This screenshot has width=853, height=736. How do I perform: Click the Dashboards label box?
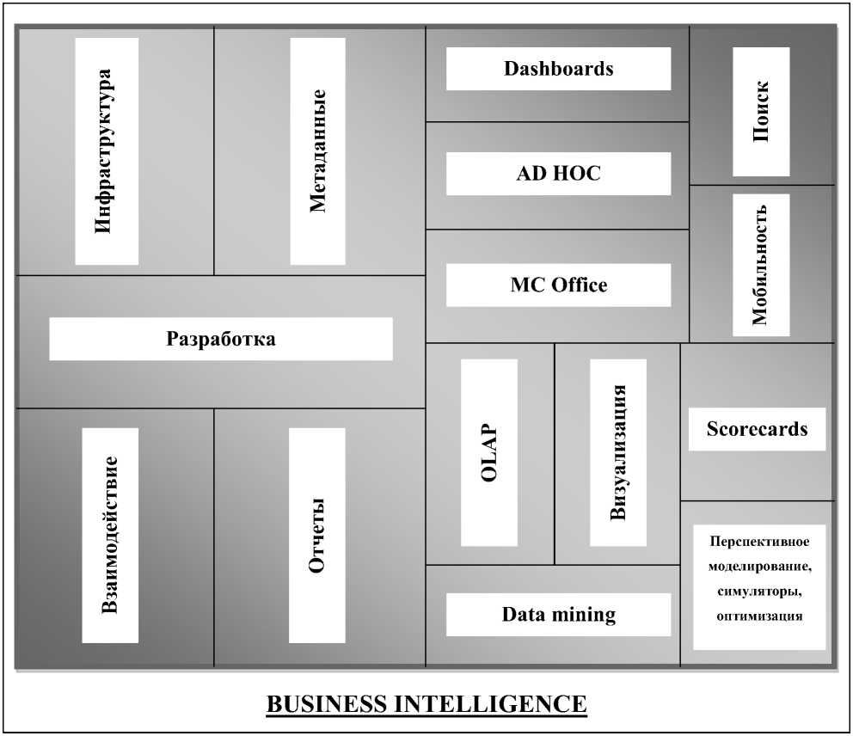coord(558,69)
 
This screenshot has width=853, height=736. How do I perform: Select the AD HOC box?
coord(558,174)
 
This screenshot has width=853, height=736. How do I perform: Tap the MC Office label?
coord(558,285)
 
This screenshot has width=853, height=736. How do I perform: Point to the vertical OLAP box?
coord(489,452)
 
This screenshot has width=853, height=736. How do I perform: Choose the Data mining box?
coord(558,615)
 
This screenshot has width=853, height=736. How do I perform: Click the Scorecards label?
coord(757,429)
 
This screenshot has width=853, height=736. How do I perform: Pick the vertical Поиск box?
coord(761,112)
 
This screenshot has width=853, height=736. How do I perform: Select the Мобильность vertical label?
coord(761,265)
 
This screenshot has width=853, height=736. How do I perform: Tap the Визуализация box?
coord(618,452)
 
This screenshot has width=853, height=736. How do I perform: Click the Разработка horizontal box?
coord(221,339)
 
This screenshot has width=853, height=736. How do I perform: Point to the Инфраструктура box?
coord(107,151)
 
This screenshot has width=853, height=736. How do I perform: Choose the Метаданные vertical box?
coord(318,151)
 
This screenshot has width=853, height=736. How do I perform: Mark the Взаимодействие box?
coord(110,535)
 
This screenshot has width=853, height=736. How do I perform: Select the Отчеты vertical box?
coord(317,535)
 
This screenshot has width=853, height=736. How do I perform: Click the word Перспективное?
coord(759,542)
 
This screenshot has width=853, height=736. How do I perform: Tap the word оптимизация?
coord(759,616)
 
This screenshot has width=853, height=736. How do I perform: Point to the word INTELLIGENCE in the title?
coord(490,704)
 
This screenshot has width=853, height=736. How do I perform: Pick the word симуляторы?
coord(758,592)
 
